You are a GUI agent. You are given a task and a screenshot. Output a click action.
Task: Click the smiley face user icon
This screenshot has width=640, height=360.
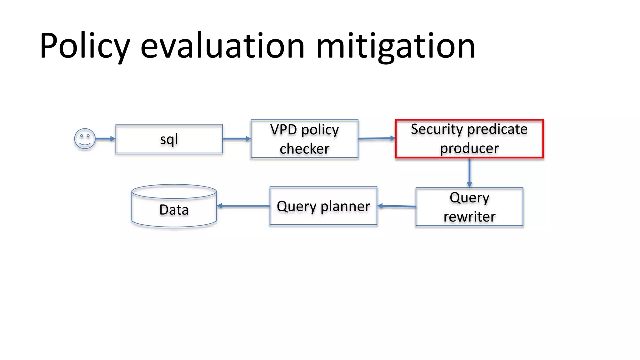(85, 139)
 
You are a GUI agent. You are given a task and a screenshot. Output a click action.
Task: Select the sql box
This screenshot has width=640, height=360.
(169, 139)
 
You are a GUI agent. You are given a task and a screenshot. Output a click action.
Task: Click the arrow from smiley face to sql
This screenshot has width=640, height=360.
(105, 139)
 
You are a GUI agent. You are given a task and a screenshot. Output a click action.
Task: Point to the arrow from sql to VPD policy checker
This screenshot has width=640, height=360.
(237, 139)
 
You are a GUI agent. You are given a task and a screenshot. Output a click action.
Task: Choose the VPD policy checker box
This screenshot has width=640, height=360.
(304, 139)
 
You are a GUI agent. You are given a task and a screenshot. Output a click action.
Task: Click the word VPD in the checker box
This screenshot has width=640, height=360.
(283, 130)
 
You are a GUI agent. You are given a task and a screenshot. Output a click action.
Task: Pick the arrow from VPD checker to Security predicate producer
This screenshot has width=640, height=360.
(377, 138)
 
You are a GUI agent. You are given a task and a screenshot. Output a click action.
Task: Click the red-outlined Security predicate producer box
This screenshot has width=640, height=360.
(469, 139)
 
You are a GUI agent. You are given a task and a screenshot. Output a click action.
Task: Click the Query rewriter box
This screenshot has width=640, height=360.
(469, 207)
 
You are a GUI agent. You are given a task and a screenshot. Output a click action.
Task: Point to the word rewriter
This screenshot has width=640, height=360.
(469, 217)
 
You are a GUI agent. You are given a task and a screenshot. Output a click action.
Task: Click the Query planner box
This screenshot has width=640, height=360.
(323, 206)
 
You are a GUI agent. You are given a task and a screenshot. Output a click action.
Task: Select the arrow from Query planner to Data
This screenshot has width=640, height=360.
(243, 206)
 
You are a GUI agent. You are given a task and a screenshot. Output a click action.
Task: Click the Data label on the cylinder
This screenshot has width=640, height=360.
(174, 210)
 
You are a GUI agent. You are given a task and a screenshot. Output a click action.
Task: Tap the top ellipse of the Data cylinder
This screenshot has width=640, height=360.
(174, 191)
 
